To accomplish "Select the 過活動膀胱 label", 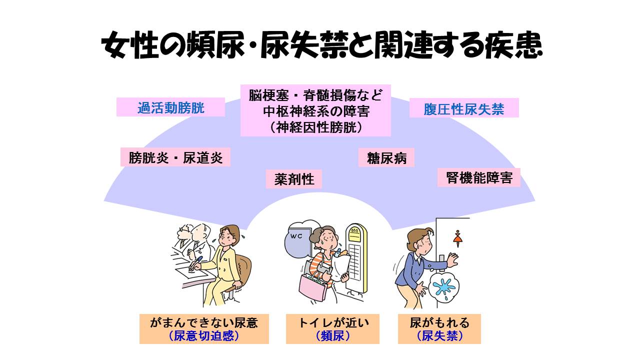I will pyautogui.click(x=171, y=107).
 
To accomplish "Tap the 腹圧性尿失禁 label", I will pyautogui.click(x=463, y=108).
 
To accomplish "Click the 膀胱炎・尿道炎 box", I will pyautogui.click(x=175, y=157).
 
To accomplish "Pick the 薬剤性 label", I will pyautogui.click(x=294, y=178).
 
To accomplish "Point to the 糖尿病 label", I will pyautogui.click(x=386, y=158).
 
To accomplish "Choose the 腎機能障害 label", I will pyautogui.click(x=479, y=177).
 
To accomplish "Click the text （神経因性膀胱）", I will pyautogui.click(x=315, y=127).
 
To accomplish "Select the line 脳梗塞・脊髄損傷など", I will pyautogui.click(x=315, y=94).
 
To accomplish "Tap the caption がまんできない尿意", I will pyautogui.click(x=204, y=322).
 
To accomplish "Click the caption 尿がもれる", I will pyautogui.click(x=439, y=322).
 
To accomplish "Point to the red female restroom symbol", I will pyautogui.click(x=457, y=235).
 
